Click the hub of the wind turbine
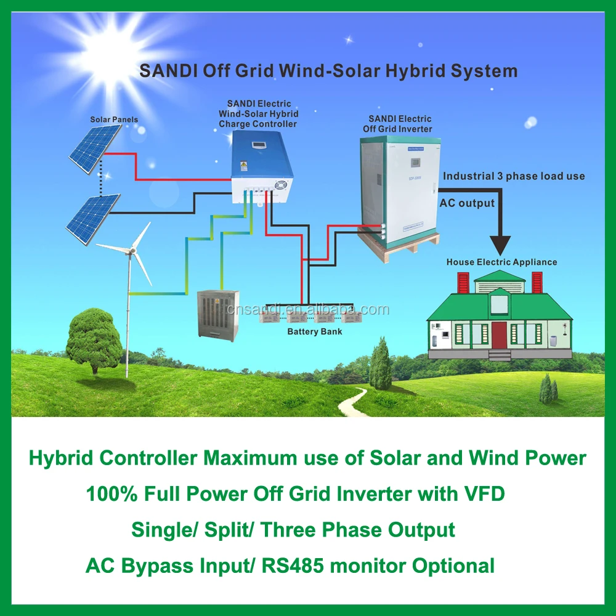130,248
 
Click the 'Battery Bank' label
315,332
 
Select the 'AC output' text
467,203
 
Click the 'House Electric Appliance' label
501,262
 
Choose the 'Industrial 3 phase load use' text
514,176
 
